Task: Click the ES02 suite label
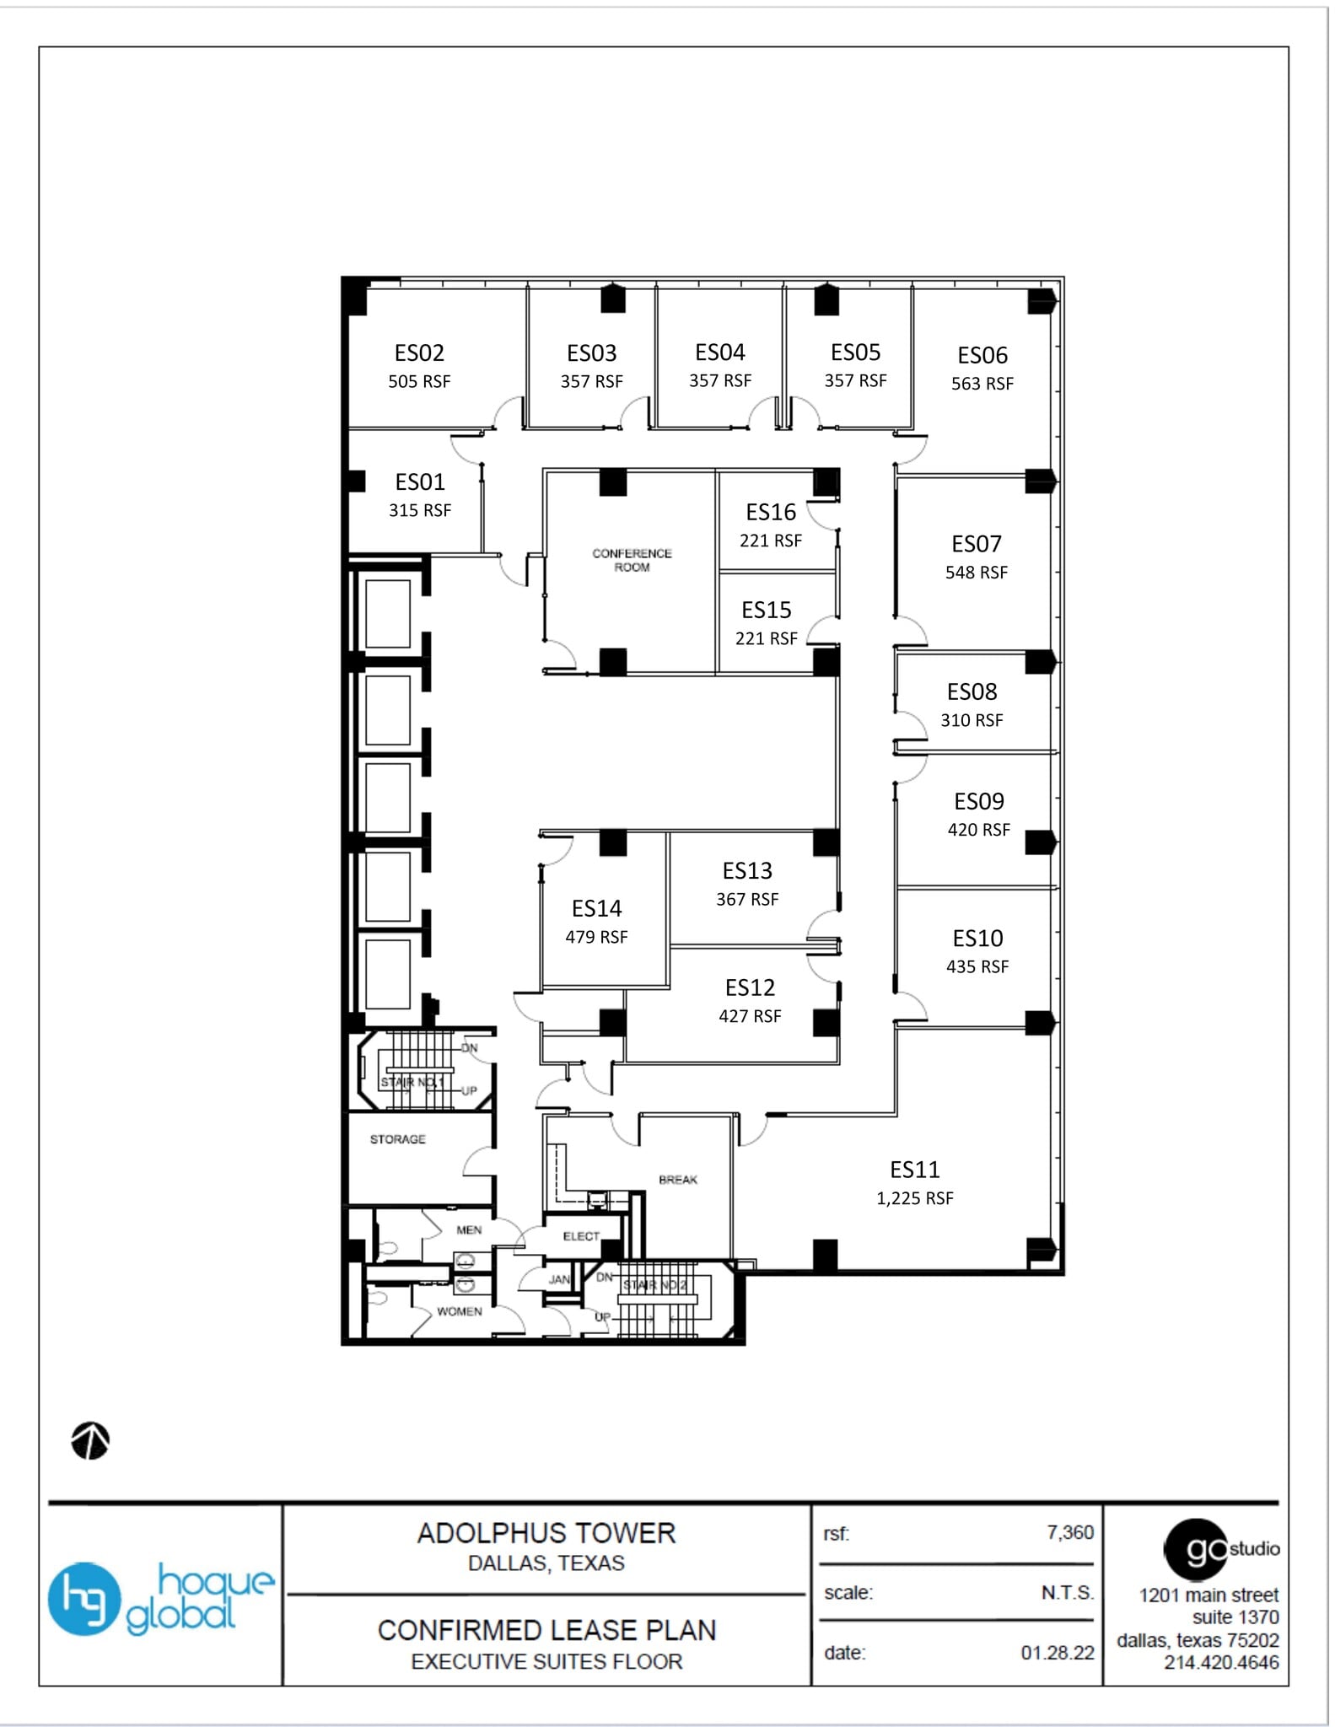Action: (419, 352)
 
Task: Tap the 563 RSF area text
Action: (982, 384)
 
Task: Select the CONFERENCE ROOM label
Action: (632, 560)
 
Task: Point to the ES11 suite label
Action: (914, 1170)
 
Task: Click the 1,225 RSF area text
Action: (914, 1198)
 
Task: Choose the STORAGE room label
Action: (397, 1139)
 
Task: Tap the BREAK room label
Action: (678, 1180)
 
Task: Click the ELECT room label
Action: (581, 1236)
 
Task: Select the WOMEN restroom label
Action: (460, 1311)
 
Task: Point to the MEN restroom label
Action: (469, 1230)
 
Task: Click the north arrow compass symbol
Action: (90, 1440)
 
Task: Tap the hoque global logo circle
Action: (83, 1599)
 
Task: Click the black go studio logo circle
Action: (1196, 1549)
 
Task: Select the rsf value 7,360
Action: (1069, 1532)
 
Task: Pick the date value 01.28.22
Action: (1057, 1653)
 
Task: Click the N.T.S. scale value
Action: (1067, 1593)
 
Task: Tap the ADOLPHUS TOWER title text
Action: (546, 1533)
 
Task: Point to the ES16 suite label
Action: (770, 512)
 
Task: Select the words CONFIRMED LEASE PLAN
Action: (546, 1630)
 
